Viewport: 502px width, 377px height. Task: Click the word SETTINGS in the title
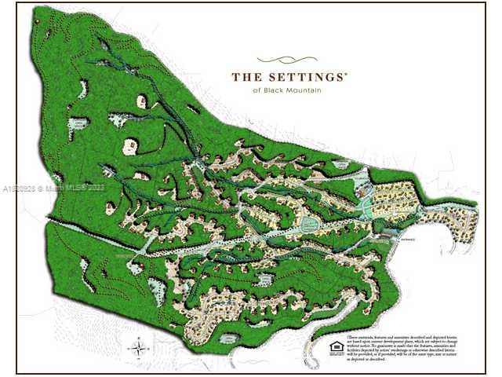[x=307, y=78]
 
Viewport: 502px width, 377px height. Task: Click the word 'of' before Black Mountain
[x=256, y=91]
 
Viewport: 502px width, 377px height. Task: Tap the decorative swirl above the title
[x=288, y=59]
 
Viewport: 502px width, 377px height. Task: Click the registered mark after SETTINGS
[x=346, y=73]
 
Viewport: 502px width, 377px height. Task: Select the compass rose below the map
[x=138, y=347]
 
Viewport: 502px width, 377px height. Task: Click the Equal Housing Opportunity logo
[x=336, y=347]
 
